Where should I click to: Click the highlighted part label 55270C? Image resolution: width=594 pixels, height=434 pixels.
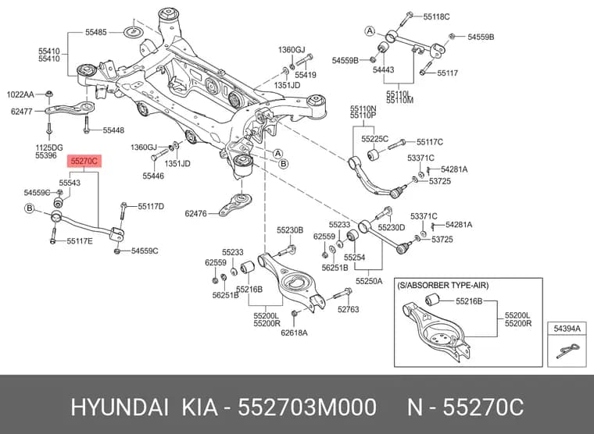pyautogui.click(x=84, y=162)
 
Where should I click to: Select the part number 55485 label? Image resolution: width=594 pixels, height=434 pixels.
pyautogui.click(x=96, y=33)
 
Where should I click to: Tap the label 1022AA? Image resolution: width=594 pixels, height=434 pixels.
pyautogui.click(x=20, y=94)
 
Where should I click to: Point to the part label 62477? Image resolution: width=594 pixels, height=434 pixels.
pyautogui.click(x=22, y=112)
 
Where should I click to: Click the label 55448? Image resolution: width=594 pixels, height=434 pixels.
pyautogui.click(x=113, y=130)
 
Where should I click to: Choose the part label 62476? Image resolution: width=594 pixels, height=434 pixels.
pyautogui.click(x=196, y=214)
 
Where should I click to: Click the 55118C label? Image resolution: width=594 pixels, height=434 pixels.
pyautogui.click(x=436, y=16)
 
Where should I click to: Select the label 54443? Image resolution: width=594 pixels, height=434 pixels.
pyautogui.click(x=384, y=69)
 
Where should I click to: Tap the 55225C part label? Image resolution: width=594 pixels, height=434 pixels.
pyautogui.click(x=374, y=139)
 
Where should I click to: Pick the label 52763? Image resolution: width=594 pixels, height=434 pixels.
pyautogui.click(x=348, y=310)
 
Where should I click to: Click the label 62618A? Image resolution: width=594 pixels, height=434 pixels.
pyautogui.click(x=294, y=333)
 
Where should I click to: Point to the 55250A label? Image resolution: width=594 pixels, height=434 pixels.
pyautogui.click(x=369, y=281)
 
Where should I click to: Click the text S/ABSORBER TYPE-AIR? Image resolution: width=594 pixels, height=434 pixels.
pyautogui.click(x=443, y=285)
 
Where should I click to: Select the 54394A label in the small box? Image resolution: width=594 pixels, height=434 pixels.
pyautogui.click(x=567, y=329)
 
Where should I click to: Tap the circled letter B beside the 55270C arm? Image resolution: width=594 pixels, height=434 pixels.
pyautogui.click(x=30, y=208)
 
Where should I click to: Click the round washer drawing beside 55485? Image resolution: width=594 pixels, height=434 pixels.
pyautogui.click(x=134, y=32)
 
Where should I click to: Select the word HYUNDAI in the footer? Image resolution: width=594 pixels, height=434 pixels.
pyautogui.click(x=120, y=407)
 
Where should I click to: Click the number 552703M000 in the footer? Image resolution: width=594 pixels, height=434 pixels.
pyautogui.click(x=307, y=407)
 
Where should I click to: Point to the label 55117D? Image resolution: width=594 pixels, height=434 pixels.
pyautogui.click(x=151, y=207)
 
